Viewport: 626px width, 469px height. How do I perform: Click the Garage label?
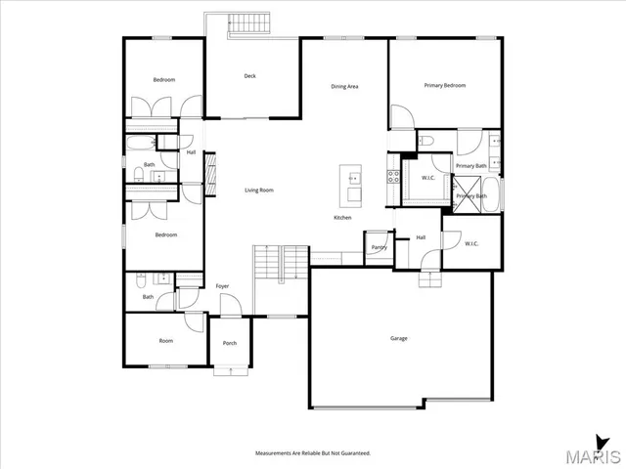pos(399,338)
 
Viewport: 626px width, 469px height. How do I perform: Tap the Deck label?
pos(249,75)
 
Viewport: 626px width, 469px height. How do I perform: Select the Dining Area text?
pos(344,87)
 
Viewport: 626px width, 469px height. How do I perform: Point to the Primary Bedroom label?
pos(444,85)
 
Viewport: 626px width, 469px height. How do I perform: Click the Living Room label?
pos(258,190)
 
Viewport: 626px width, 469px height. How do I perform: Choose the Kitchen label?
pos(342,217)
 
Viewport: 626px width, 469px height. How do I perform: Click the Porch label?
pos(230,343)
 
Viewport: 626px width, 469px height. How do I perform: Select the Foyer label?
pos(222,286)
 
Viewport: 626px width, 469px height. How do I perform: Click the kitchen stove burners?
pos(394,178)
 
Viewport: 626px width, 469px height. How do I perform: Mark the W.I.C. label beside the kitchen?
pos(428,178)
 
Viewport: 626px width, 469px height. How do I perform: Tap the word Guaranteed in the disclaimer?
pos(353,453)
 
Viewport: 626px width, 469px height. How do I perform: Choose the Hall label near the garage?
pos(421,237)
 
